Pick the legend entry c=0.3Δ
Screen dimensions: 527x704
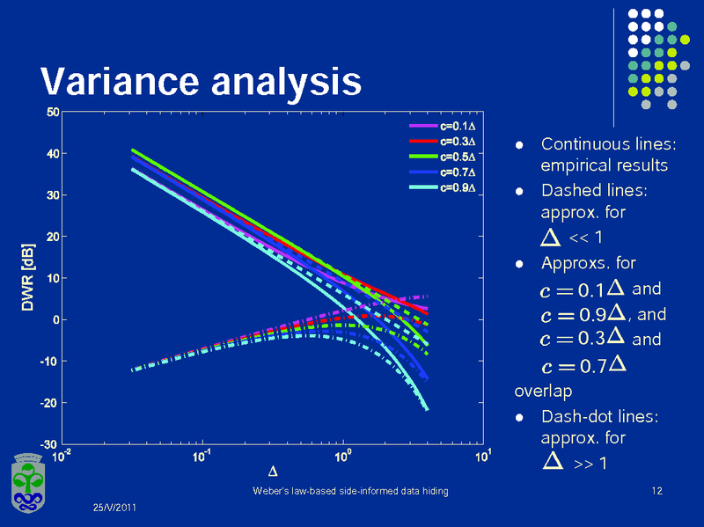[458, 141]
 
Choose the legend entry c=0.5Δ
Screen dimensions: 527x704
[458, 156]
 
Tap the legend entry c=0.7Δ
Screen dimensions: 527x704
[458, 172]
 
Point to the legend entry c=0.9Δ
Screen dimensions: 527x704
[458, 187]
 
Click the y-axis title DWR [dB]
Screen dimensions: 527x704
[27, 278]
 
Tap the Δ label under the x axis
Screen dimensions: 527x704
[272, 475]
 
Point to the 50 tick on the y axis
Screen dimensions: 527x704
[53, 113]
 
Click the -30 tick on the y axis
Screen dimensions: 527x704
[50, 443]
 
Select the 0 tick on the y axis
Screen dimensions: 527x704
[55, 320]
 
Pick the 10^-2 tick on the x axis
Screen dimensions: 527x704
[62, 457]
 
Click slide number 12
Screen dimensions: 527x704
[656, 490]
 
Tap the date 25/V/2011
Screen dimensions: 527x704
[115, 509]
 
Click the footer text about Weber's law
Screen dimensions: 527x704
[349, 490]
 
